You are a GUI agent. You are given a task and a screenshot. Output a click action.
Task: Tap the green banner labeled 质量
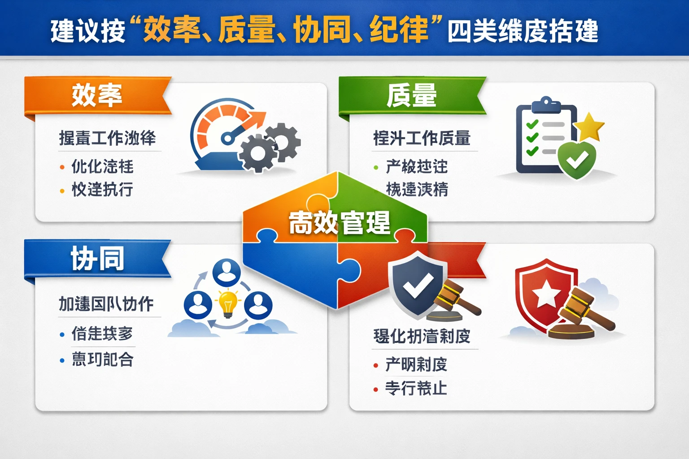click(x=412, y=95)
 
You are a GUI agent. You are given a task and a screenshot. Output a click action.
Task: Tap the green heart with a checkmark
click(x=576, y=159)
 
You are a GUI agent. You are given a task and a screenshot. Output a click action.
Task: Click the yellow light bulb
click(x=228, y=303)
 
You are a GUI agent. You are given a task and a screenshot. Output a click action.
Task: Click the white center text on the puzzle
click(x=339, y=223)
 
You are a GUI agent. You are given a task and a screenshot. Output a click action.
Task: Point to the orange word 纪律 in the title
click(x=399, y=30)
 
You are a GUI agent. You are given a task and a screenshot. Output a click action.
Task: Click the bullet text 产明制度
click(x=416, y=364)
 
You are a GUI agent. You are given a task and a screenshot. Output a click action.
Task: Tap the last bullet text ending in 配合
click(x=102, y=359)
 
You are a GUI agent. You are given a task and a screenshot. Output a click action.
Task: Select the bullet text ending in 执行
click(x=102, y=190)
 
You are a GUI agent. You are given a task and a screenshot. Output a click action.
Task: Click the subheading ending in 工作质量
click(x=422, y=138)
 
